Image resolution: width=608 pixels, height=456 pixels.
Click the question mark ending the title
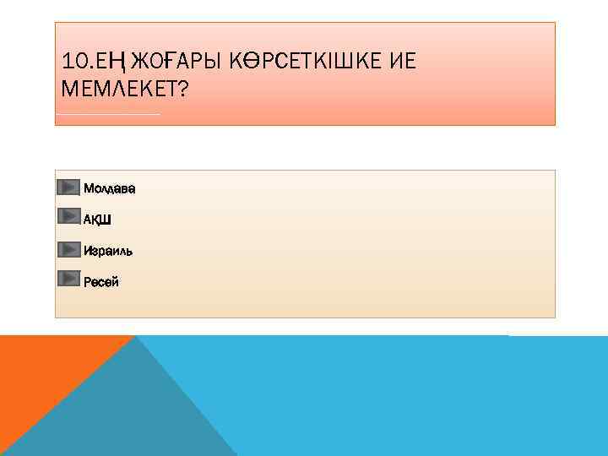[184, 89]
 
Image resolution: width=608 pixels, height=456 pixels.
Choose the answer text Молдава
[109, 187]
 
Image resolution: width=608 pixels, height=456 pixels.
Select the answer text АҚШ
[97, 220]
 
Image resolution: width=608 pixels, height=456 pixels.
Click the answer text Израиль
[108, 251]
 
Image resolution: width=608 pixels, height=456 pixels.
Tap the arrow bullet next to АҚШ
[68, 217]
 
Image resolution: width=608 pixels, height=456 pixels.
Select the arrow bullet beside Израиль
[68, 249]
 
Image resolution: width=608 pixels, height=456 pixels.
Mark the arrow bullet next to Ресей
[68, 280]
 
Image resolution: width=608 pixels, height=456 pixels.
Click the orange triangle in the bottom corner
[42, 372]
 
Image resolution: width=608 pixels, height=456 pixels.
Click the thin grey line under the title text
[107, 113]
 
